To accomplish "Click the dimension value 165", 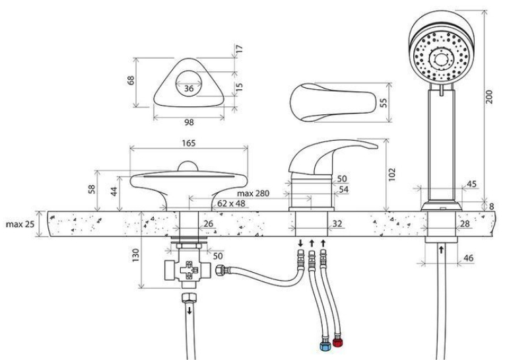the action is [x=189, y=143].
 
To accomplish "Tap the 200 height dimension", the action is [x=489, y=96].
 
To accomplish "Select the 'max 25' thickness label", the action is [x=20, y=224].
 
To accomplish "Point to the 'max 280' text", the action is [x=253, y=194].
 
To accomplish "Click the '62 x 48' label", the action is [x=231, y=203].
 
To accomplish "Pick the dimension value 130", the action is [x=135, y=255].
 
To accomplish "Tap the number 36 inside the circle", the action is [x=189, y=89].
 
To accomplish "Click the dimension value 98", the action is [x=189, y=122].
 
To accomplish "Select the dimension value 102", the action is [x=391, y=174].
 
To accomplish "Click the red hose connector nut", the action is [x=337, y=343].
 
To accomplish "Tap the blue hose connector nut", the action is [x=325, y=346].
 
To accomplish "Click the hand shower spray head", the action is [x=441, y=57].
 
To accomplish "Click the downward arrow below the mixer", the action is [x=300, y=242].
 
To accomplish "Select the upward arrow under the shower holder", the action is [x=441, y=250].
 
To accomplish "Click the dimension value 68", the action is [x=131, y=81].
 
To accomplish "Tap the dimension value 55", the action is [x=383, y=102].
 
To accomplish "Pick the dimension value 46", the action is [x=468, y=258].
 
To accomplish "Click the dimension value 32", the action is [x=337, y=223].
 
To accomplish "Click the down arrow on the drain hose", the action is [x=189, y=310].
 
